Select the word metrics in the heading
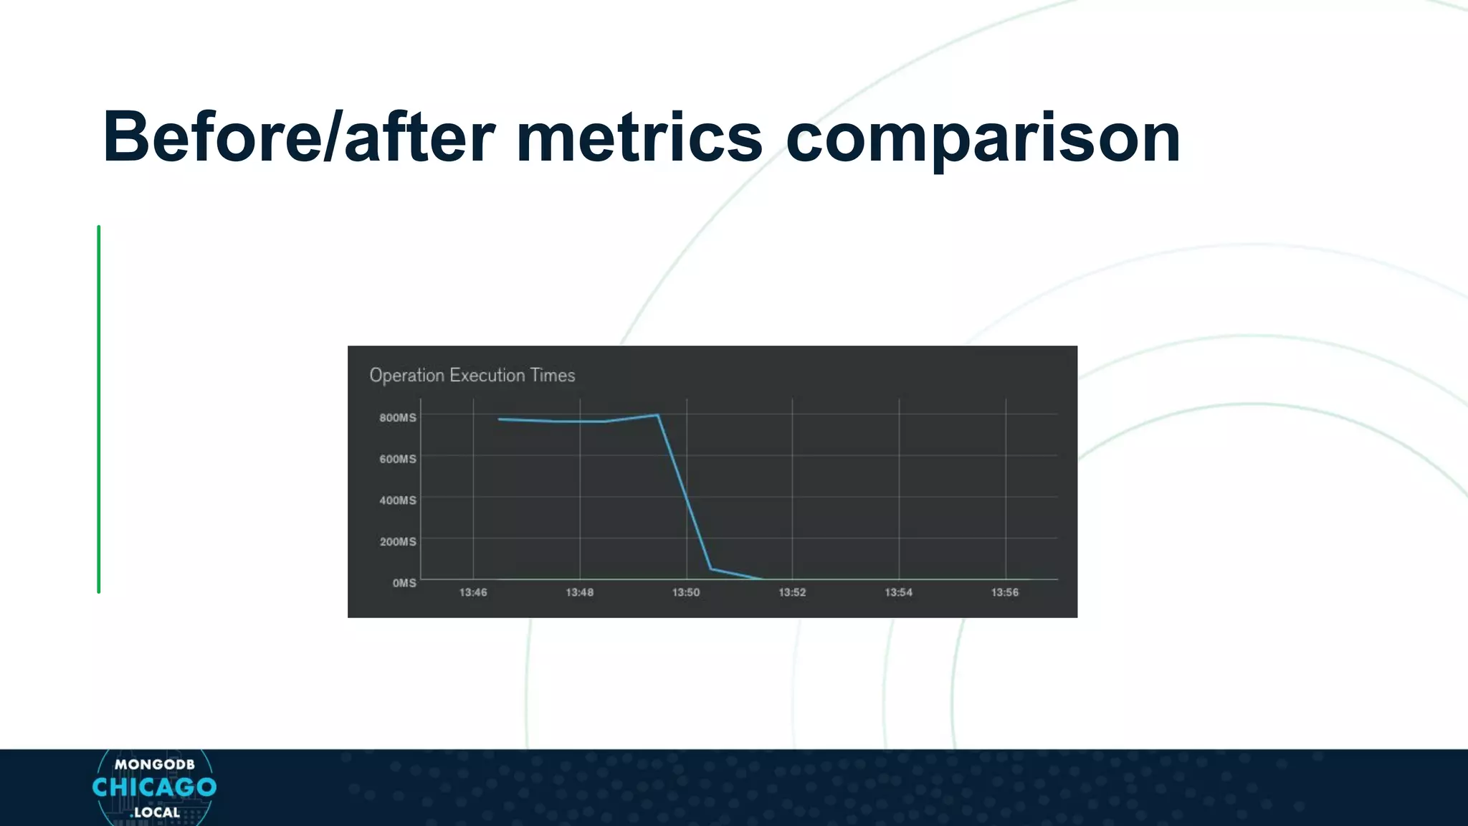pyautogui.click(x=639, y=138)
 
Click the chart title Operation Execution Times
pyautogui.click(x=472, y=375)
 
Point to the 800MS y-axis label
pyautogui.click(x=398, y=417)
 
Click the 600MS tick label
pyautogui.click(x=398, y=459)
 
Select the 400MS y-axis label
pyautogui.click(x=398, y=500)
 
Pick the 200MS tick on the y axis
pyautogui.click(x=398, y=541)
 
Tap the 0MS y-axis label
pyautogui.click(x=404, y=583)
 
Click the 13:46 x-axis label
pyautogui.click(x=473, y=592)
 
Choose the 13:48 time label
pyautogui.click(x=579, y=592)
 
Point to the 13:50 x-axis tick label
pyautogui.click(x=686, y=592)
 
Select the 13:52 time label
pyautogui.click(x=792, y=592)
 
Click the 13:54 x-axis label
pyautogui.click(x=899, y=592)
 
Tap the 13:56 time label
pyautogui.click(x=1005, y=592)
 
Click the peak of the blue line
pyautogui.click(x=657, y=414)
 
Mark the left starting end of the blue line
pyautogui.click(x=499, y=419)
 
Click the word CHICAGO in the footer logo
pyautogui.click(x=154, y=787)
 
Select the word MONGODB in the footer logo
pyautogui.click(x=154, y=764)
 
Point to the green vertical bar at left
pyautogui.click(x=99, y=409)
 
